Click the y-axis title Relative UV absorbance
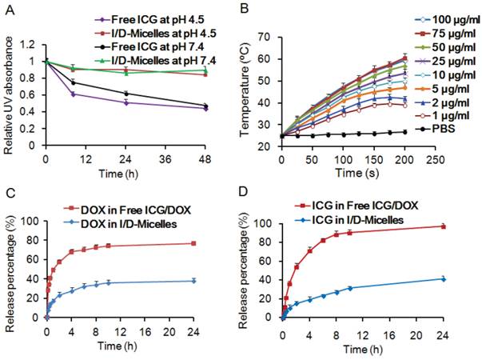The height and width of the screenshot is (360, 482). [x=8, y=86]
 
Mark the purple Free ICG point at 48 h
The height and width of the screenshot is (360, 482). [x=206, y=108]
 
